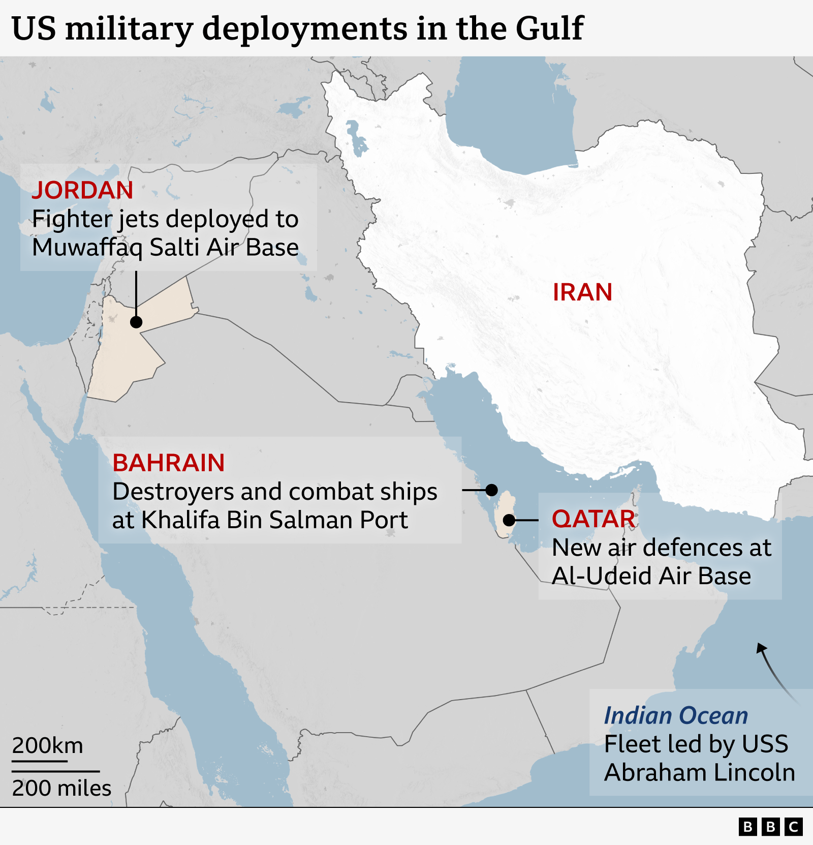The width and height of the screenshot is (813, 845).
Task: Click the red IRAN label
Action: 582,292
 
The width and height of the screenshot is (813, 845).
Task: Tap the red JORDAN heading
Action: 82,190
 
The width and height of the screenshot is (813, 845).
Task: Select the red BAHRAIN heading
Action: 168,463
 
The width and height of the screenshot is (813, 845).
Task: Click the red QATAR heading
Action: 593,519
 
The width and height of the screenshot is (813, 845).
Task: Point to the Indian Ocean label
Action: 676,715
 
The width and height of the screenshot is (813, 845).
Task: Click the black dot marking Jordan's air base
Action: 136,322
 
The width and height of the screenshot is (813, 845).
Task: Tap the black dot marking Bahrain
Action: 491,490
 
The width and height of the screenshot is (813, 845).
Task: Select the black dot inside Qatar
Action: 509,520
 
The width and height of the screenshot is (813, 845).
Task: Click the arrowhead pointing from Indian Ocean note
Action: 761,648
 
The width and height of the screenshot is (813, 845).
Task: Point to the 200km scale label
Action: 47,745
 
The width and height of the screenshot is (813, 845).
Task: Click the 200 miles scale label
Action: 61,788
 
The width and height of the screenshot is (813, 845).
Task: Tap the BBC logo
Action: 770,827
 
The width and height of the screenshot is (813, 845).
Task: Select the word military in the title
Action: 129,29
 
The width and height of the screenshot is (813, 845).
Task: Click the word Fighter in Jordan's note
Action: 71,219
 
